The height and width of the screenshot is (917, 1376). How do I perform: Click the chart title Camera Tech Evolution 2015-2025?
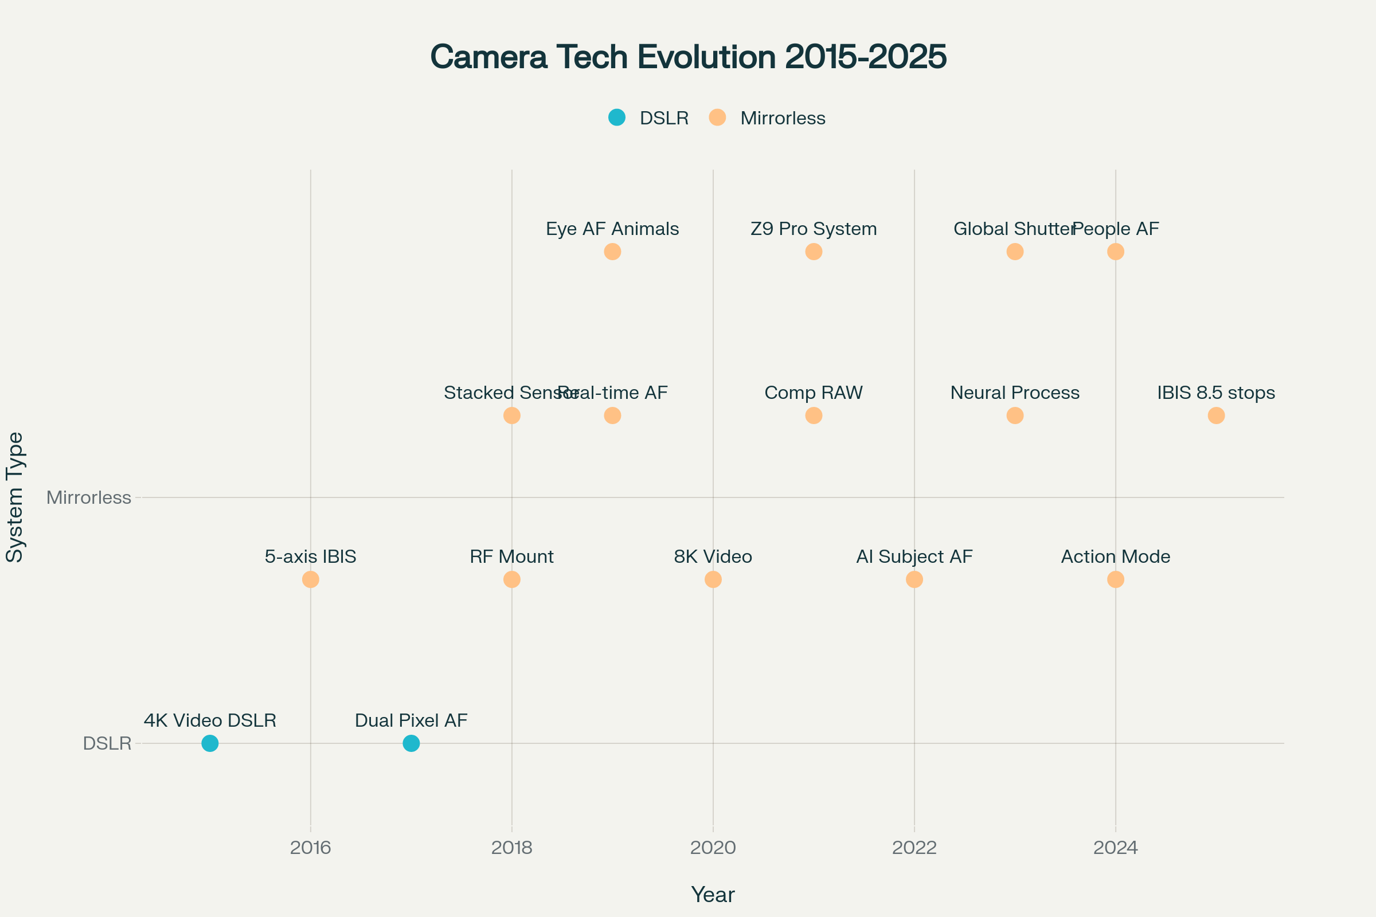click(688, 57)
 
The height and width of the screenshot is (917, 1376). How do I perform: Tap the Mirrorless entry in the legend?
click(767, 118)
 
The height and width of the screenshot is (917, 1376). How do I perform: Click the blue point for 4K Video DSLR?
click(210, 743)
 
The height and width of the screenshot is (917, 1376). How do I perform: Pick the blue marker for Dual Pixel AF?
click(411, 743)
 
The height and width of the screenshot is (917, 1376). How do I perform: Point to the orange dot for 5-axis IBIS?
click(311, 579)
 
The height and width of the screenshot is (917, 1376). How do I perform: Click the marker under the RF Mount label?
click(512, 579)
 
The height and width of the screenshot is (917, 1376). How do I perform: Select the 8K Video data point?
click(713, 579)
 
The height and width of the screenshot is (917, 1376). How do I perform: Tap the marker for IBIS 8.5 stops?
click(1216, 416)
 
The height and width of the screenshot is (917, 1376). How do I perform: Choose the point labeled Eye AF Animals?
click(612, 252)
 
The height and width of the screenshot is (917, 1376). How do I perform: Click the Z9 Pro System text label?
click(814, 229)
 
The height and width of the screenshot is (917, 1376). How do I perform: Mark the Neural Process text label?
click(1015, 393)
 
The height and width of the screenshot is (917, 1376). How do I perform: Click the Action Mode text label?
click(1116, 556)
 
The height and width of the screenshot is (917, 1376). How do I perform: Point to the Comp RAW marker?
click(814, 416)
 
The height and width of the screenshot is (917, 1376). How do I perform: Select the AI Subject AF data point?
click(914, 579)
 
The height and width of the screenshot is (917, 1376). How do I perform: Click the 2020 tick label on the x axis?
click(713, 848)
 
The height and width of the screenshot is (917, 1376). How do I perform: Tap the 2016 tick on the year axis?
click(311, 848)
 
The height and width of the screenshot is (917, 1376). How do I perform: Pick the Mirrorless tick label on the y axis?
click(89, 497)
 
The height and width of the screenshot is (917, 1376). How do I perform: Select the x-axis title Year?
click(713, 895)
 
